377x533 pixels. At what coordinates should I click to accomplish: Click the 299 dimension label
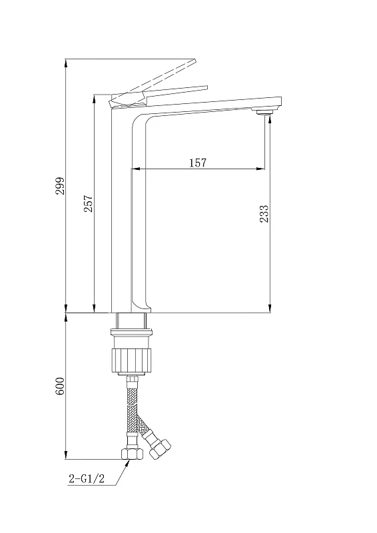click(60, 186)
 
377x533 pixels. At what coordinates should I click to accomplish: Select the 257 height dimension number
click(89, 204)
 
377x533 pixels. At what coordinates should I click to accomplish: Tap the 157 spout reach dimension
click(198, 163)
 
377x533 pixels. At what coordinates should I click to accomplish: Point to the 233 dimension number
click(264, 213)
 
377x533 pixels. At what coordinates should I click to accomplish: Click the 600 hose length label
click(60, 386)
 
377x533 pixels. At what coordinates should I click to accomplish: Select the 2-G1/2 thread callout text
click(87, 479)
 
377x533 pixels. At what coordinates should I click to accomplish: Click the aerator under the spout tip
click(264, 112)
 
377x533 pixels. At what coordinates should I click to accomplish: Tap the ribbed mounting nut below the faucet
click(131, 360)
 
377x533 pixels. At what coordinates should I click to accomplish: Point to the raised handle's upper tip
click(194, 60)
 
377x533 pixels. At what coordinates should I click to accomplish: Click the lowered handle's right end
click(206, 87)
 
